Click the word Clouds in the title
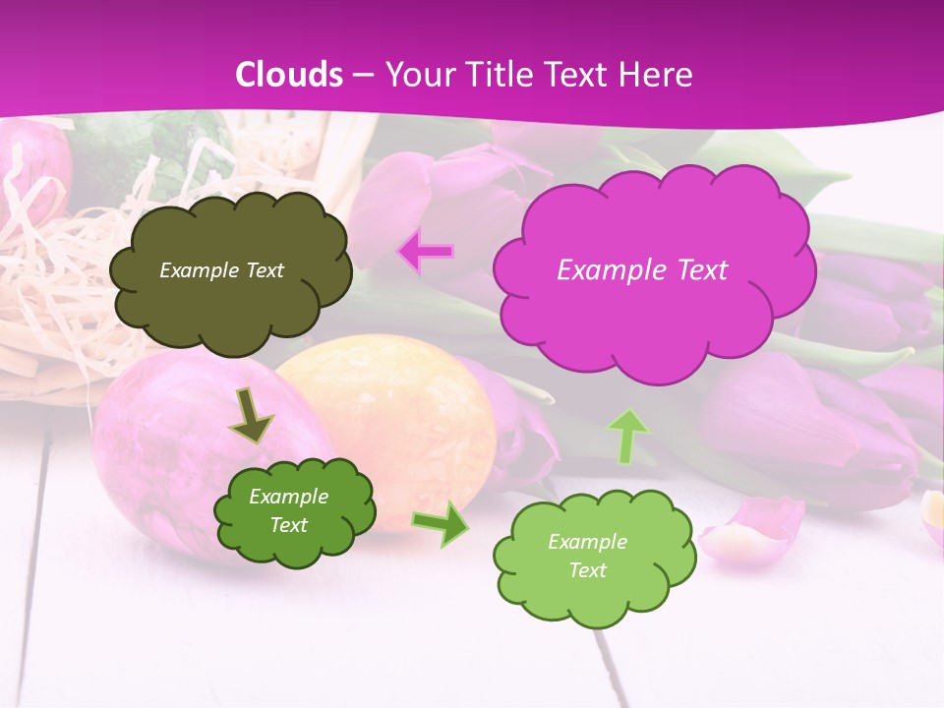tap(289, 75)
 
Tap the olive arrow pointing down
tap(251, 416)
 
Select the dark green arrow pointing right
tap(440, 524)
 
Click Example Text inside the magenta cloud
tap(642, 270)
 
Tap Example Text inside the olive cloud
tap(221, 270)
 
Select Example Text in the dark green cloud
tap(288, 510)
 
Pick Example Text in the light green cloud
tap(587, 556)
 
